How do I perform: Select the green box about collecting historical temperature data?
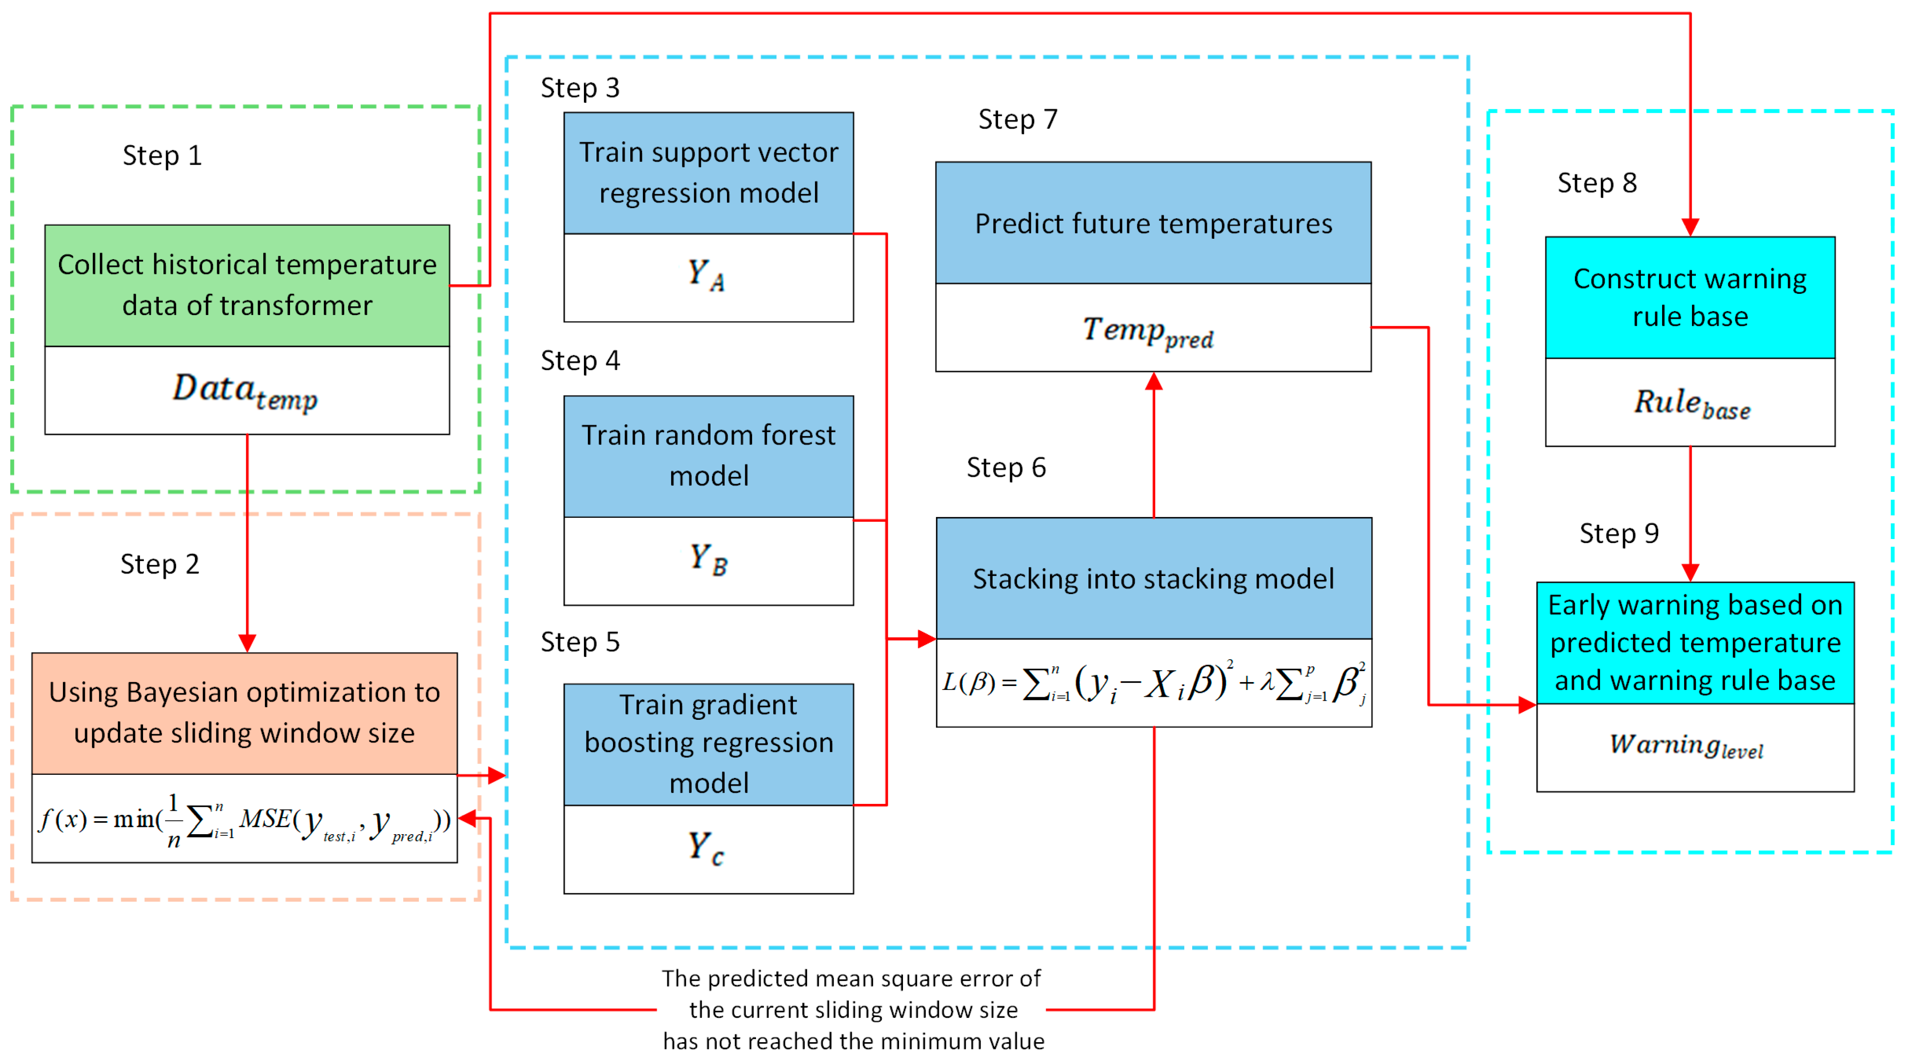click(247, 285)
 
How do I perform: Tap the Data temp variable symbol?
click(245, 390)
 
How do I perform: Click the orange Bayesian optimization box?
click(244, 713)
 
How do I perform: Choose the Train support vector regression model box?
click(708, 172)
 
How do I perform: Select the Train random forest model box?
click(708, 455)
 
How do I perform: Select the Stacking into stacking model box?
click(1154, 578)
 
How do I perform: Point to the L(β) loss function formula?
click(1154, 683)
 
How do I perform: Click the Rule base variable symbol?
click(1692, 403)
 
